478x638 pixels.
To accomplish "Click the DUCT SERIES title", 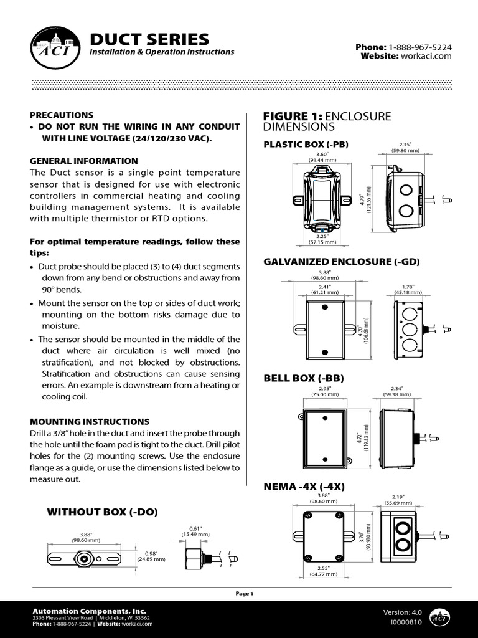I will pyautogui.click(x=149, y=39).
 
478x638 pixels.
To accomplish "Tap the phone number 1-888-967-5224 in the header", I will pyautogui.click(x=420, y=47).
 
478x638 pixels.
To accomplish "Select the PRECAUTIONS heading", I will pyautogui.click(x=62, y=115).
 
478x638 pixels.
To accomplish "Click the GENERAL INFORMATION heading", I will pyautogui.click(x=84, y=161).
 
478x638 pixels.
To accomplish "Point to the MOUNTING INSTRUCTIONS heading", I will pyautogui.click(x=90, y=422).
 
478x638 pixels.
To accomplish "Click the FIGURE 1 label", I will pyautogui.click(x=293, y=117).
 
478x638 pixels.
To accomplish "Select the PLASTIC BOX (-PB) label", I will pyautogui.click(x=306, y=145).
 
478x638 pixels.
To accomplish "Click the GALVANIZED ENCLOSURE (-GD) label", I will pyautogui.click(x=342, y=262).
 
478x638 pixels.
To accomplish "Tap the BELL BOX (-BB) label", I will pyautogui.click(x=304, y=378).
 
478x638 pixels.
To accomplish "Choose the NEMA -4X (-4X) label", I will pyautogui.click(x=305, y=486).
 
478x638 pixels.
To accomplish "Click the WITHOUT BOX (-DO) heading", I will pyautogui.click(x=103, y=512).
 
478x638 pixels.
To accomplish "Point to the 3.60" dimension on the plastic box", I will pyautogui.click(x=322, y=153).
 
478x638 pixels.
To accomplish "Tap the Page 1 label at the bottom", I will pyautogui.click(x=244, y=594).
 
